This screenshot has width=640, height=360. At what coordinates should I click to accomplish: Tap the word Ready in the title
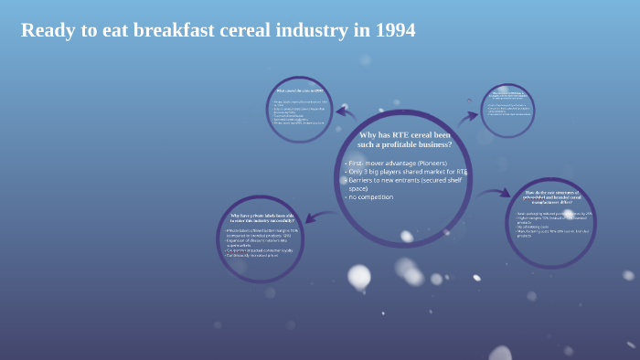coord(46,30)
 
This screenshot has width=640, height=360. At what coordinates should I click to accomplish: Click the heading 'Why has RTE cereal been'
coord(404,134)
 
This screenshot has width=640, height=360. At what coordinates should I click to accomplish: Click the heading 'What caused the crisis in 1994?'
coord(299,91)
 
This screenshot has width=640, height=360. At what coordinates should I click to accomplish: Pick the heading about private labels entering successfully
coord(260,217)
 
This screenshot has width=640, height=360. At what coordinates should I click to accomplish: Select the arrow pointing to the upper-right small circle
coord(468,116)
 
